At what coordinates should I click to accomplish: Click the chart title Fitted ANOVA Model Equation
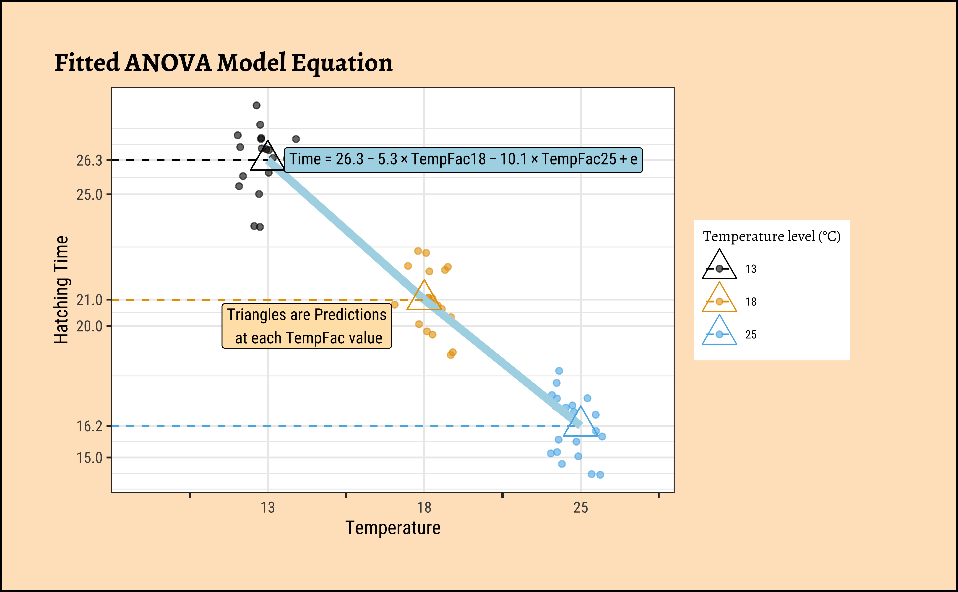(223, 63)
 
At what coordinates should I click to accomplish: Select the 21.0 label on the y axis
(89, 300)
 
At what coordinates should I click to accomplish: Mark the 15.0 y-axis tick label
(89, 458)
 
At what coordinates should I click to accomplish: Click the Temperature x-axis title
(393, 528)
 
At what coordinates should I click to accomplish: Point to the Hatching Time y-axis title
(61, 290)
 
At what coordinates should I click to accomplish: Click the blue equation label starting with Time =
(463, 160)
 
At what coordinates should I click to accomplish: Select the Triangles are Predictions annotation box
(307, 326)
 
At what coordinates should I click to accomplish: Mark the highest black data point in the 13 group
(256, 105)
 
